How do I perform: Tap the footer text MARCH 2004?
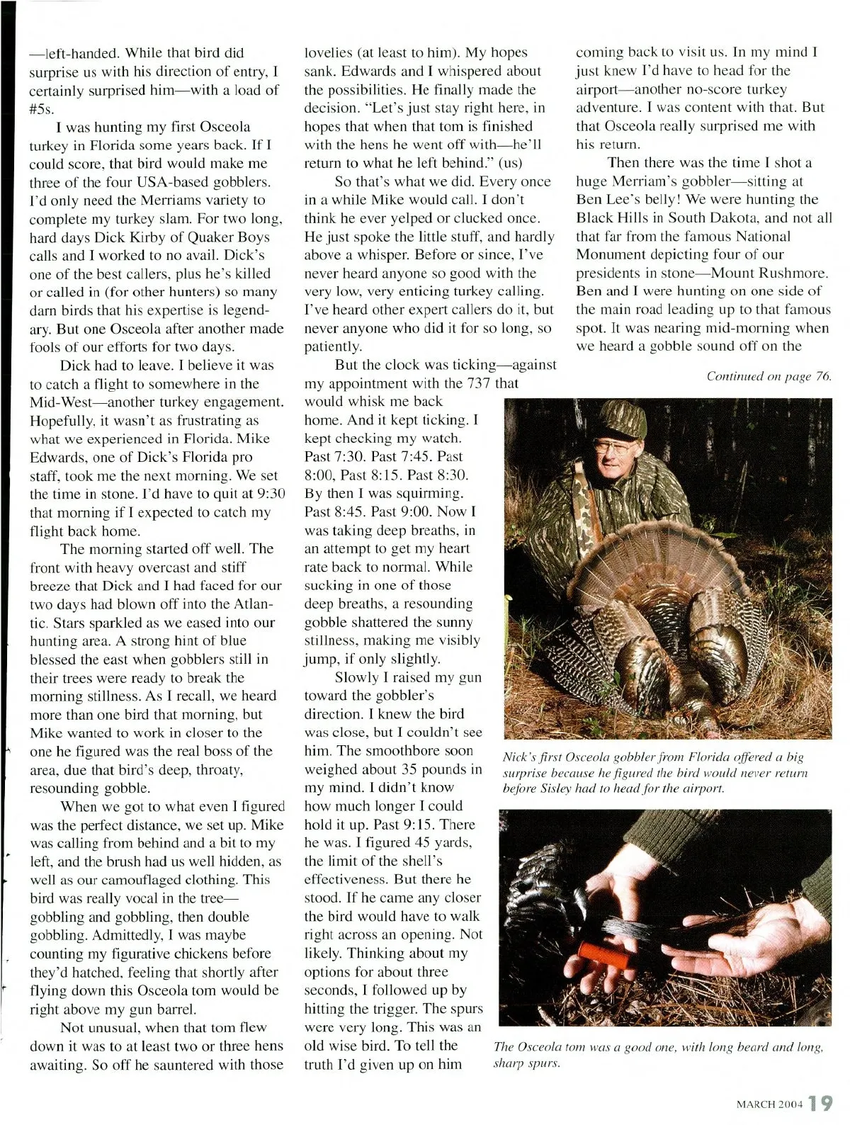pyautogui.click(x=768, y=1104)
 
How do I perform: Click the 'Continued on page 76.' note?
pyautogui.click(x=769, y=376)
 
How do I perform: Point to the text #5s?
pyautogui.click(x=41, y=108)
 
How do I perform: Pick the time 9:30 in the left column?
pyautogui.click(x=268, y=494)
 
